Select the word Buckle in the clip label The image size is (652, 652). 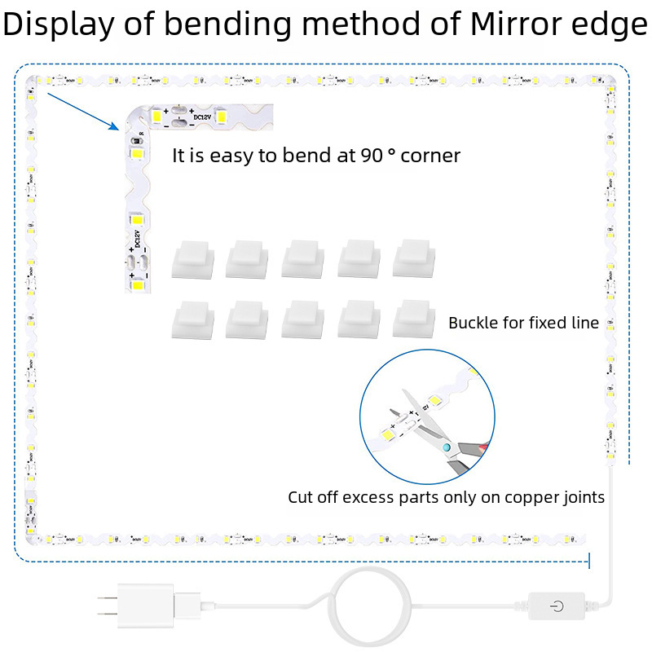(x=474, y=323)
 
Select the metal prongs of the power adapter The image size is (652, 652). (x=104, y=606)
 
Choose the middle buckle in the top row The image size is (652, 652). (x=303, y=259)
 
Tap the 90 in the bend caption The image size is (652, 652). (x=371, y=155)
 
